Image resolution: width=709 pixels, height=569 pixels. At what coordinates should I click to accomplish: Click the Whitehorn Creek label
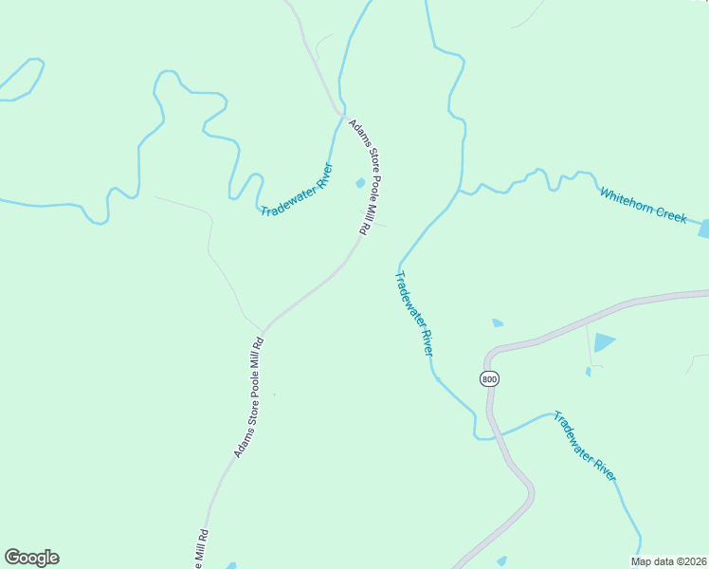pyautogui.click(x=643, y=205)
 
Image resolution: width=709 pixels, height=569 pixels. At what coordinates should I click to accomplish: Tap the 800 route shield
pyautogui.click(x=488, y=378)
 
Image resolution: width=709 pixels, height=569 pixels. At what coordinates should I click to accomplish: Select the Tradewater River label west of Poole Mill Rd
pyautogui.click(x=297, y=189)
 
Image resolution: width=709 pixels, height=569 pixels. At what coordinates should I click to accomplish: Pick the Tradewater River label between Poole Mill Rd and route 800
pyautogui.click(x=414, y=313)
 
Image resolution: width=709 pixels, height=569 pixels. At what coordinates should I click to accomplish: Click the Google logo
pyautogui.click(x=31, y=558)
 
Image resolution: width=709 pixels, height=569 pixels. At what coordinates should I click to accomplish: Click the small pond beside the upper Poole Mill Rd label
pyautogui.click(x=360, y=183)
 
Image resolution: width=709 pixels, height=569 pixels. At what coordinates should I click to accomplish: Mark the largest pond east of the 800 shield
pyautogui.click(x=604, y=342)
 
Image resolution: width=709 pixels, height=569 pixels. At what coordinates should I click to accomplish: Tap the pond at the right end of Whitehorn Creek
pyautogui.click(x=703, y=228)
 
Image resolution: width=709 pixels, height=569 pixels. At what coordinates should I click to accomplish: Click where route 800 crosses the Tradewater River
pyautogui.click(x=492, y=437)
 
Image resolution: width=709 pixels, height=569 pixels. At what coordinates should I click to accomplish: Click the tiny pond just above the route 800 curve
pyautogui.click(x=498, y=323)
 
